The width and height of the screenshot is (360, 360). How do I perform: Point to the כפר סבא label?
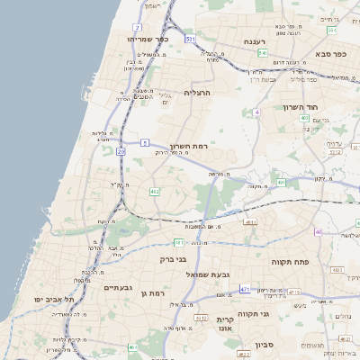tap(334, 53)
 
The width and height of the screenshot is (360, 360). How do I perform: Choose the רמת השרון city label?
tap(188, 146)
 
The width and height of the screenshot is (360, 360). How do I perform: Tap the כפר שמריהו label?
tap(148, 40)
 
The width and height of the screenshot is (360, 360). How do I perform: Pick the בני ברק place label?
tap(173, 259)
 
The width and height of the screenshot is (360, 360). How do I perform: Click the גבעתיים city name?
tap(117, 288)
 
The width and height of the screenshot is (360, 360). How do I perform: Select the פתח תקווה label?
tap(289, 260)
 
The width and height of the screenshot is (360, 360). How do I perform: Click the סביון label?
tap(264, 344)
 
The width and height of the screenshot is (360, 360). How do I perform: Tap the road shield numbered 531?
tap(190, 40)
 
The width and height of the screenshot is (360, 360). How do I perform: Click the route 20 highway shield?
tap(121, 152)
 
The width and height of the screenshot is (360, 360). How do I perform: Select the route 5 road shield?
tap(144, 142)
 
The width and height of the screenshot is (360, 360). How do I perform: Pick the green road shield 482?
tap(155, 191)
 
